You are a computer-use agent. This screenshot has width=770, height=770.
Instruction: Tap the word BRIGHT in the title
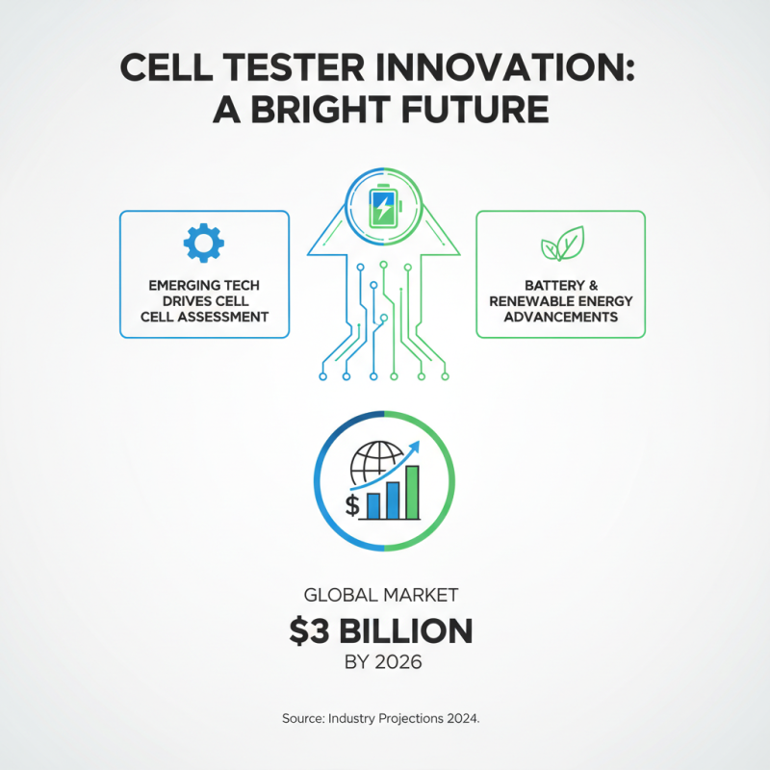coord(332,109)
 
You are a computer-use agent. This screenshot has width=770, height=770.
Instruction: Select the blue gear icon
coord(203,244)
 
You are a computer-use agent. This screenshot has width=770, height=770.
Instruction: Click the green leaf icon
coord(561,244)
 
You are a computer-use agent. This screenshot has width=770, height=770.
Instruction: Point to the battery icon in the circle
coord(383,204)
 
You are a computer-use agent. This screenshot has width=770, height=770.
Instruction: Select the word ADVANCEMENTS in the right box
coord(561,317)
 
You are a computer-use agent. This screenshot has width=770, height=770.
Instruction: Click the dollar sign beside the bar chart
coord(352,504)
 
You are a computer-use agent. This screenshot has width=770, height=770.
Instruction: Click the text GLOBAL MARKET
coord(384,598)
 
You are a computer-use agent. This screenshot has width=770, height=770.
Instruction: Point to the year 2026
coord(404,663)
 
